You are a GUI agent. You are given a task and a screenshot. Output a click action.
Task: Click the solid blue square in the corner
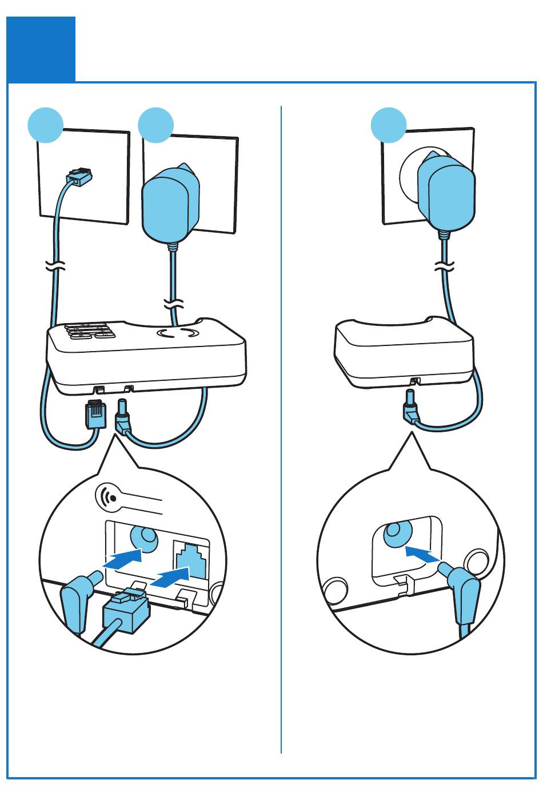(x=41, y=49)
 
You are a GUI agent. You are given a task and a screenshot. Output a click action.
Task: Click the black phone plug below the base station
(x=95, y=415)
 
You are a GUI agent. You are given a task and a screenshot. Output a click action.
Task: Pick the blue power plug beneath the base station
(x=123, y=417)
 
